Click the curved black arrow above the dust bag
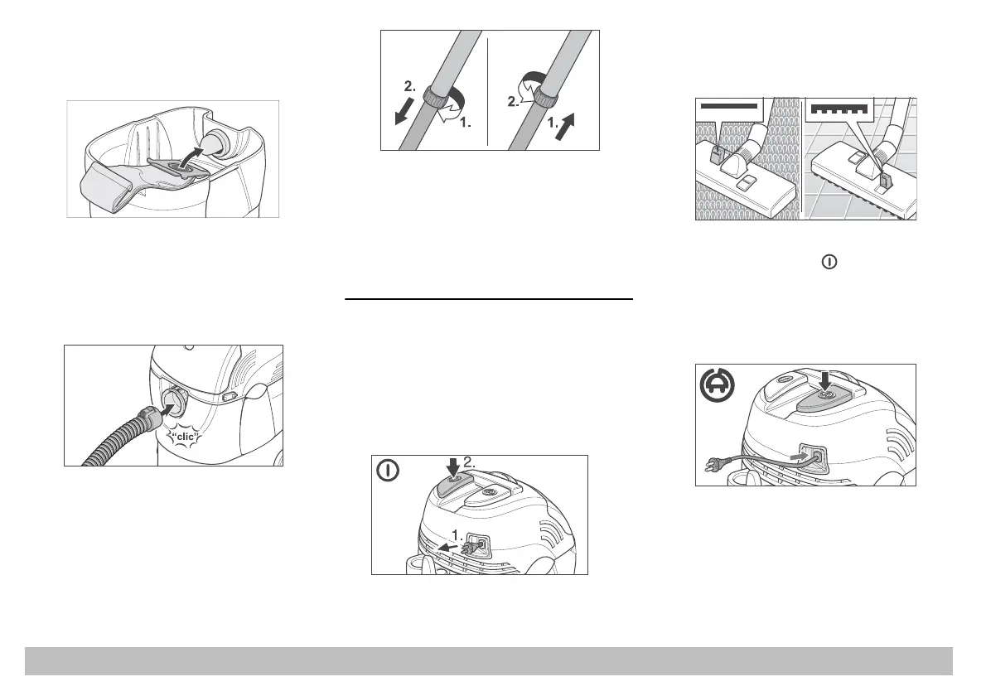click(192, 157)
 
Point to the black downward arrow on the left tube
click(404, 111)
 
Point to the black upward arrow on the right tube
click(565, 126)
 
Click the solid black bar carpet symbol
click(729, 106)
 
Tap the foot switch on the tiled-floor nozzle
click(885, 181)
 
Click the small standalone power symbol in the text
click(829, 262)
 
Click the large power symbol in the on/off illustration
click(388, 471)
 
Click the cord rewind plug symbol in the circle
click(717, 385)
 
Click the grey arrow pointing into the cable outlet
click(802, 452)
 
